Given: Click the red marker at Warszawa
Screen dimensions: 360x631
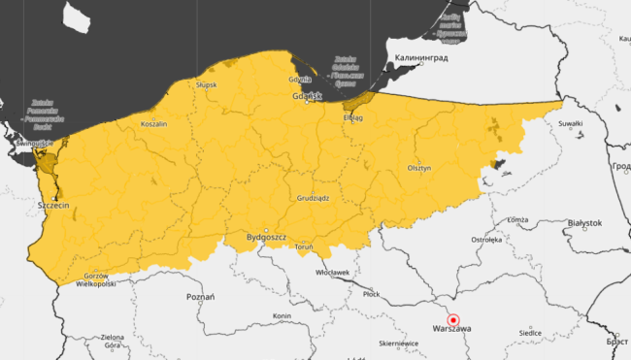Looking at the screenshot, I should (x=452, y=320).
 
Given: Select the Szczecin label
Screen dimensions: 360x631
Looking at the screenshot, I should (x=51, y=206).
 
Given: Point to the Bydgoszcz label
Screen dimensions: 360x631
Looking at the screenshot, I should (x=266, y=236).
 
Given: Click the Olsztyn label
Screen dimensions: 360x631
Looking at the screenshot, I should (x=418, y=168).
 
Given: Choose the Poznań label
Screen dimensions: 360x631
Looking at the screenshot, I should (x=200, y=296).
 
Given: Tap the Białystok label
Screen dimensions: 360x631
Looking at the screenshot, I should (x=584, y=222).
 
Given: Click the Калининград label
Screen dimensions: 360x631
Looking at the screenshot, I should (x=420, y=57).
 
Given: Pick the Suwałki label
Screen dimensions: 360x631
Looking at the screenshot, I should (x=571, y=124).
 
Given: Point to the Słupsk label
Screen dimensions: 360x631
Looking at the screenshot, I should (x=206, y=84).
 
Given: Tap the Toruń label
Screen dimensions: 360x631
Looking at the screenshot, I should (x=302, y=247).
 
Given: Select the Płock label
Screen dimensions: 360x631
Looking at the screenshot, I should (x=371, y=293).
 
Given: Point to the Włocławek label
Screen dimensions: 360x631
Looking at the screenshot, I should (x=333, y=273).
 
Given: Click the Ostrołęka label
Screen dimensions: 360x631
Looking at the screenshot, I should (x=485, y=238).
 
